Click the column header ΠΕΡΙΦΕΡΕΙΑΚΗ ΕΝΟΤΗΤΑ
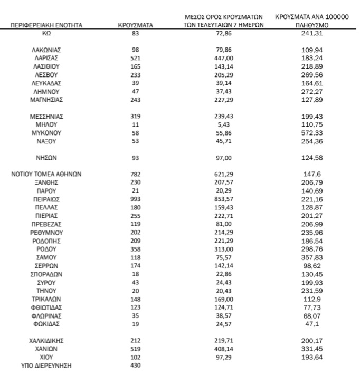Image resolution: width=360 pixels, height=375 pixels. [46, 25]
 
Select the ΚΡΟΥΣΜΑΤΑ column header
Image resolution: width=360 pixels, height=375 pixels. [136, 25]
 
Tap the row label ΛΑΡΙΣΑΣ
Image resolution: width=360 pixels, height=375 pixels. [46, 57]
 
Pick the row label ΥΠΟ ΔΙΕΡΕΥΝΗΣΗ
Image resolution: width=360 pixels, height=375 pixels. [46, 366]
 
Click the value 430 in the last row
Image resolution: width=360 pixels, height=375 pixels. [136, 366]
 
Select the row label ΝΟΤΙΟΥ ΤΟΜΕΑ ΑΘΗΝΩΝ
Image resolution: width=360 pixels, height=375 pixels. [46, 174]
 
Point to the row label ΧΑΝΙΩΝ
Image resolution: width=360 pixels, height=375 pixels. [46, 349]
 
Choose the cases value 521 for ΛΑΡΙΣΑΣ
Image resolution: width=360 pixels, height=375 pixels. [136, 57]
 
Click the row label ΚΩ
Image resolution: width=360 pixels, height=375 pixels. [46, 33]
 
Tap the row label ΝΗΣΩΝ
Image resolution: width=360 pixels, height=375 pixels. [46, 158]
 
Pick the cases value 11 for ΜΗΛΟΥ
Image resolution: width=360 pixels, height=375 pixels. [136, 124]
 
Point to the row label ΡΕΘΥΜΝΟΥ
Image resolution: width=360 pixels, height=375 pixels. [46, 233]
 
